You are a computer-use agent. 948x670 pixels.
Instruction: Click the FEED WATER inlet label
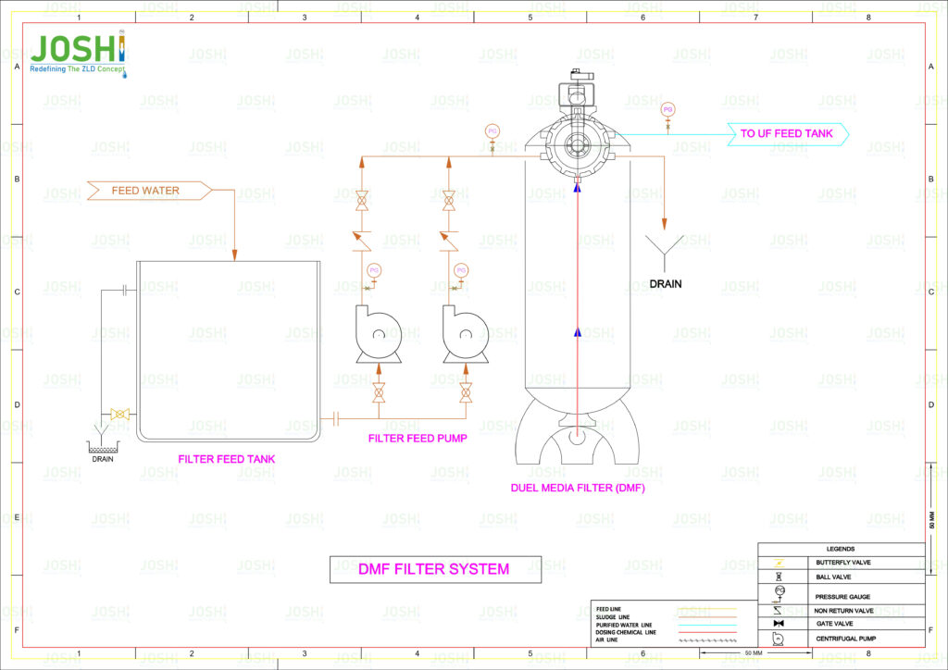pyautogui.click(x=146, y=191)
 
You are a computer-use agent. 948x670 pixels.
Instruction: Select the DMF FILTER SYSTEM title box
pyautogui.click(x=434, y=569)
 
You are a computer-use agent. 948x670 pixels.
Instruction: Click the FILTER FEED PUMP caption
pyautogui.click(x=417, y=439)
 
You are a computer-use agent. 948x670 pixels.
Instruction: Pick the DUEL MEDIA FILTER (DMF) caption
pyautogui.click(x=578, y=488)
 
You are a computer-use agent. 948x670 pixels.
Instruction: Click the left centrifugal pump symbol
pyautogui.click(x=377, y=335)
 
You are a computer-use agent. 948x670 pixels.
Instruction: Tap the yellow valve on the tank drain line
pyautogui.click(x=118, y=415)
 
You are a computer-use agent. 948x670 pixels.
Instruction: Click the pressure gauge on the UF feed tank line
pyautogui.click(x=667, y=110)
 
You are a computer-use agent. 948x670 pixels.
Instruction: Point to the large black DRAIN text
pyautogui.click(x=665, y=284)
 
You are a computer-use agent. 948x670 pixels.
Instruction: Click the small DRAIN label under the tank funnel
pyautogui.click(x=102, y=458)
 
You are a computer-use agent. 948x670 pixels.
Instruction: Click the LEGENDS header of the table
pyautogui.click(x=841, y=549)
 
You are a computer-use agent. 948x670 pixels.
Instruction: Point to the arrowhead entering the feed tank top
pyautogui.click(x=234, y=254)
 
